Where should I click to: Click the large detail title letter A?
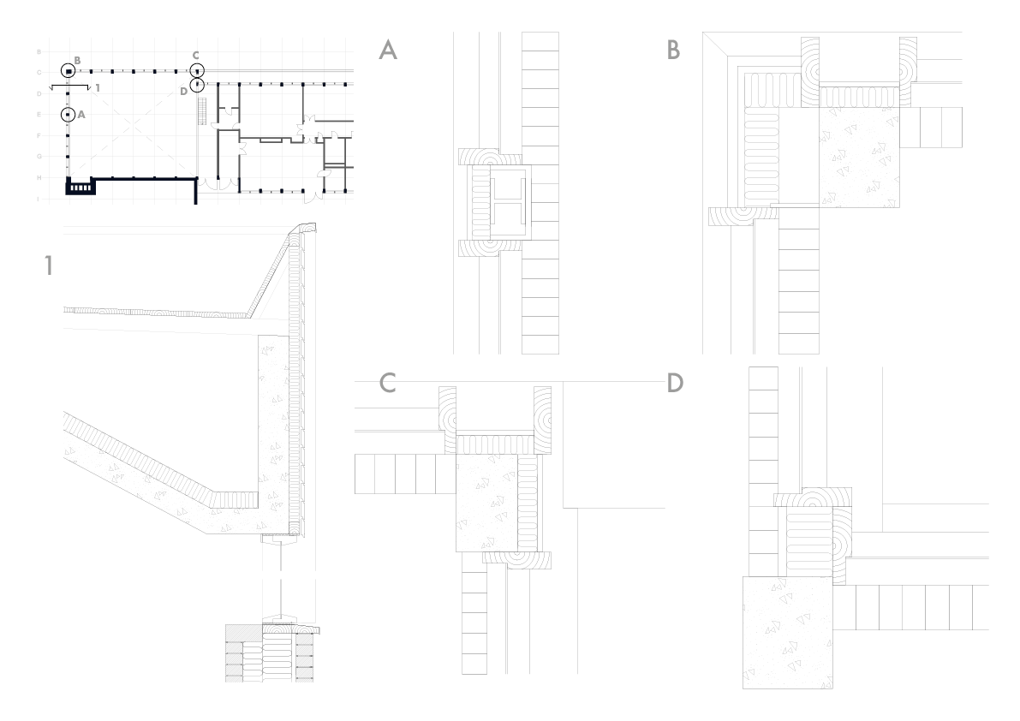(x=388, y=51)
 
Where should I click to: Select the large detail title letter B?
(x=674, y=51)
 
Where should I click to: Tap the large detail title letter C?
(x=387, y=384)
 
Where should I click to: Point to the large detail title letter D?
(x=675, y=384)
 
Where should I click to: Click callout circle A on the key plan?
(x=67, y=114)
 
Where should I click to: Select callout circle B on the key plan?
(x=68, y=71)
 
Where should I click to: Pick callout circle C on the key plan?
(x=197, y=70)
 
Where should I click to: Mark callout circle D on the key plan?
(x=197, y=85)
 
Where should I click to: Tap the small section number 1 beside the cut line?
(x=98, y=88)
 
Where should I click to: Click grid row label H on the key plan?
(x=39, y=177)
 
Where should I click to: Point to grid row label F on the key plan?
(x=39, y=135)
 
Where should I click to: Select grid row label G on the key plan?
(x=39, y=157)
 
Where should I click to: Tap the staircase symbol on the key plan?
(x=202, y=111)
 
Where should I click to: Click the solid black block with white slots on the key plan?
(x=79, y=187)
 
